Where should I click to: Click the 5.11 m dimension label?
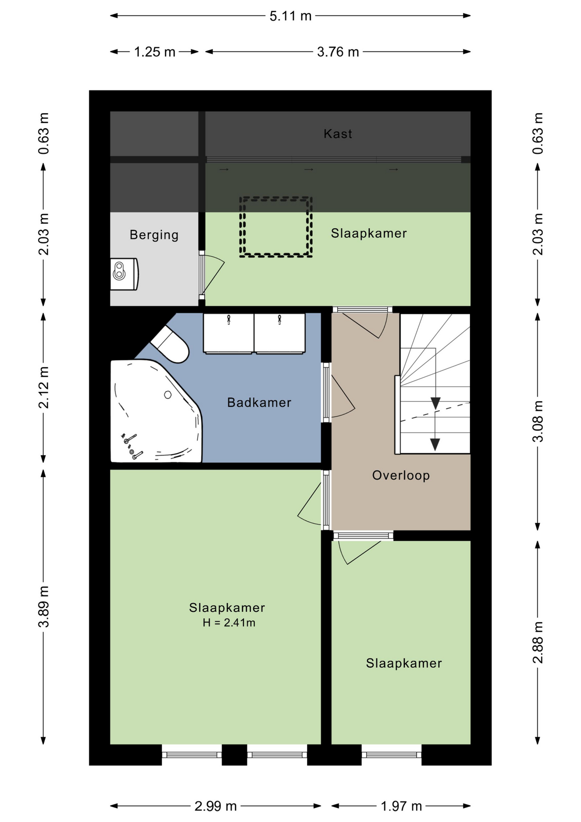tap(290, 16)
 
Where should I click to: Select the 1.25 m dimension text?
tap(155, 52)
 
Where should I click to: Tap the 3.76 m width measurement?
tap(338, 52)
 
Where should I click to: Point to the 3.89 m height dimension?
tap(44, 607)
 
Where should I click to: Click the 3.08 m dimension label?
tap(538, 421)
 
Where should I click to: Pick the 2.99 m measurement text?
tap(216, 806)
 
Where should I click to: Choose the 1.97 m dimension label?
tap(401, 806)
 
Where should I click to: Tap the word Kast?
tap(338, 134)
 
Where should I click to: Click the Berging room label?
tap(154, 235)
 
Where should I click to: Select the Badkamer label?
tap(259, 402)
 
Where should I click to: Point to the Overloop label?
tap(401, 476)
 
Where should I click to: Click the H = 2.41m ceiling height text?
tap(229, 623)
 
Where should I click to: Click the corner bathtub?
tap(156, 411)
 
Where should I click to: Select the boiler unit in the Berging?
tap(124, 274)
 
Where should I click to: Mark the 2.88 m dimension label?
tap(538, 643)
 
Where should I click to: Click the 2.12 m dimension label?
tap(44, 387)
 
